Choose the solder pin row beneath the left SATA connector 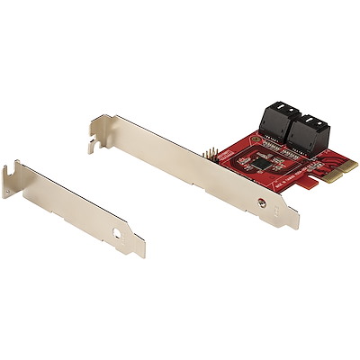(266, 143)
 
